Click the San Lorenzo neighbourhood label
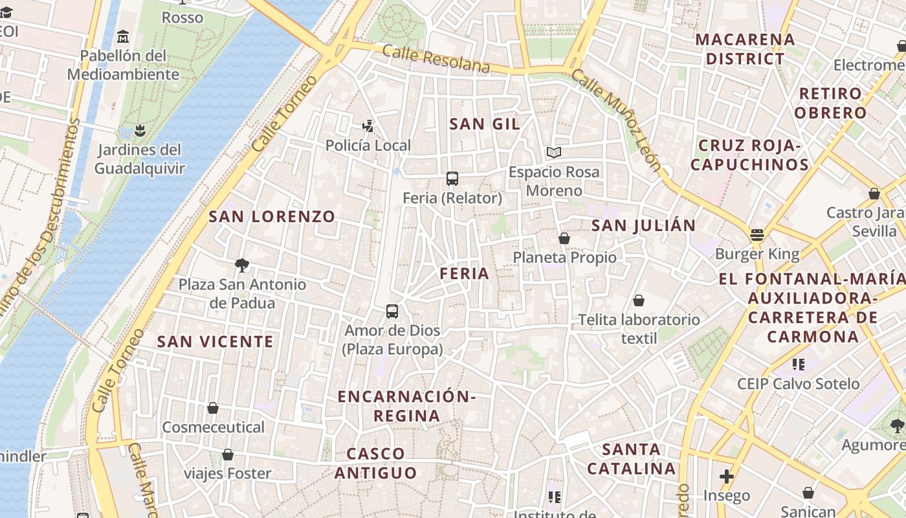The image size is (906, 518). click(x=272, y=217)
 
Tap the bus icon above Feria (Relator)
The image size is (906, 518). click(x=452, y=178)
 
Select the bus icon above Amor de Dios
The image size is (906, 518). click(x=392, y=311)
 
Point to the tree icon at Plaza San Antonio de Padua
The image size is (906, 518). click(x=242, y=264)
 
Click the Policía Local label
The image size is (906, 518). click(x=368, y=146)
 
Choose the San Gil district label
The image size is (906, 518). click(x=485, y=124)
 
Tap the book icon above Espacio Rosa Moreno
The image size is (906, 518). click(x=553, y=152)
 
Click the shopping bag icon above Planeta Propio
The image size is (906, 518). click(x=564, y=238)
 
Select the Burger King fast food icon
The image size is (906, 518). click(x=757, y=234)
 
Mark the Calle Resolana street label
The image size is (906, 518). click(x=436, y=58)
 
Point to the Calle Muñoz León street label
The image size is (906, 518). click(x=616, y=120)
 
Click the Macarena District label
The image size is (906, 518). click(x=745, y=49)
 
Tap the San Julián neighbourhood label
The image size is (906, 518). click(x=643, y=225)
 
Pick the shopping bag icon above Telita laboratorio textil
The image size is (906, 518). click(x=639, y=300)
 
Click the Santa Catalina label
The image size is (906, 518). click(x=631, y=458)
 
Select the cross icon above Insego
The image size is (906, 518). click(x=727, y=477)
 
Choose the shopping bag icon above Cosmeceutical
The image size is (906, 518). click(x=213, y=408)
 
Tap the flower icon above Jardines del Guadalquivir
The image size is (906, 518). click(x=139, y=131)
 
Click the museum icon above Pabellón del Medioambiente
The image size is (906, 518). click(x=123, y=36)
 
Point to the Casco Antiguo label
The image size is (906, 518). click(x=375, y=463)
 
